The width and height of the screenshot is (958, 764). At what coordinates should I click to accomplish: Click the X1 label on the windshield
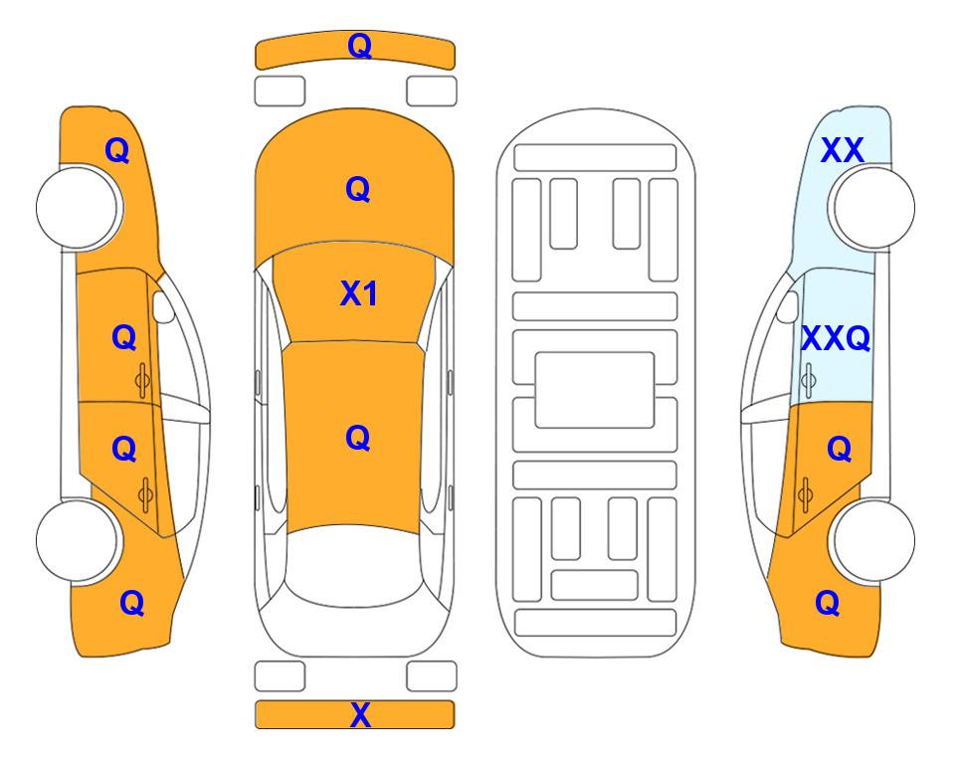click(359, 293)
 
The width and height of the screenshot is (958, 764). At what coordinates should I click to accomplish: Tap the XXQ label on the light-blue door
click(836, 338)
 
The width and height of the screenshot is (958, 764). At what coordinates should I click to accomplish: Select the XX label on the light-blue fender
click(842, 150)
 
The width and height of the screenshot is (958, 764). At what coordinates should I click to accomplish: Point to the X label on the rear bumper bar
click(360, 714)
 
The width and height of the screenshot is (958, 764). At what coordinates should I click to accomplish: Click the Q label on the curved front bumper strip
click(360, 46)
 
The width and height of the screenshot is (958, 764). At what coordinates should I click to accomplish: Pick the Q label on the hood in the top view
click(358, 189)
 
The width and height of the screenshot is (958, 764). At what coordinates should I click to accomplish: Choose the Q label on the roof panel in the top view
click(358, 439)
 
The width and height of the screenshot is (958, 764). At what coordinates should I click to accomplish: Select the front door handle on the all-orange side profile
click(143, 380)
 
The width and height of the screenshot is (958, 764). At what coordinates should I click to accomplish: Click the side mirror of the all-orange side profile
click(163, 306)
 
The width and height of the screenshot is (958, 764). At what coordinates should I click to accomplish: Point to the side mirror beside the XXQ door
click(788, 306)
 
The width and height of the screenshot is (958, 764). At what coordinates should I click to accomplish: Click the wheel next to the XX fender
click(871, 207)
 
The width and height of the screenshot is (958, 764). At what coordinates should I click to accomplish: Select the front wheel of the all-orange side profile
click(80, 207)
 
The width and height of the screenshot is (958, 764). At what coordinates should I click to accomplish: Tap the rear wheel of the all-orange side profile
click(80, 540)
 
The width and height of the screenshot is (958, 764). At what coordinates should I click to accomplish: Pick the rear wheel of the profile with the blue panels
click(871, 540)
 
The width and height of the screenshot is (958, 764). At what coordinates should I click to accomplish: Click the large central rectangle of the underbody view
click(595, 390)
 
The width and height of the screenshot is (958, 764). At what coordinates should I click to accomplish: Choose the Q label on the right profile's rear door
click(840, 450)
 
